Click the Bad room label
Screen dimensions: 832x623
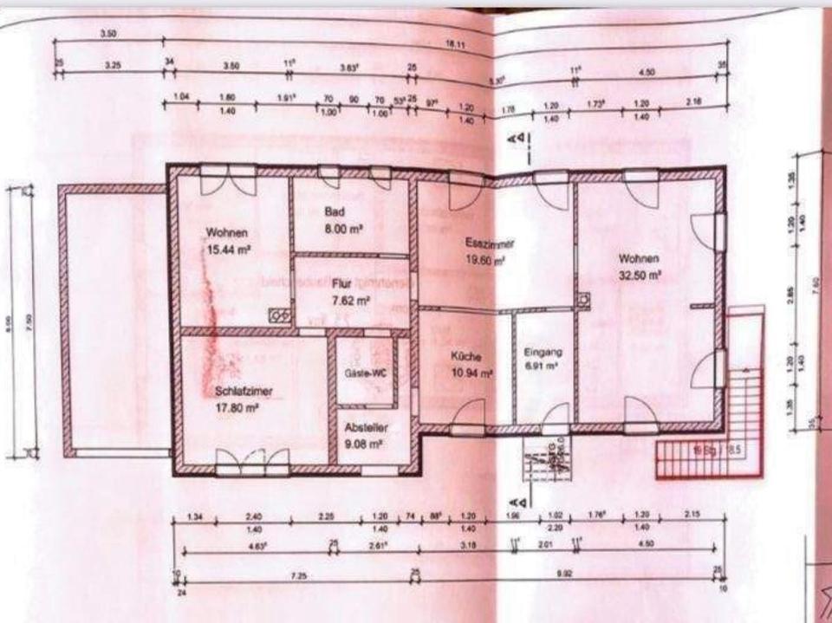tap(335, 212)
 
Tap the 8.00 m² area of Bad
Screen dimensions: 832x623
tap(342, 230)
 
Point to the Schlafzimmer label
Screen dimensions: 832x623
tap(244, 391)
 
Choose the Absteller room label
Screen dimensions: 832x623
tap(365, 428)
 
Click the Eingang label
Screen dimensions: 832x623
tap(544, 352)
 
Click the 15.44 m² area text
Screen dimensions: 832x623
tap(229, 250)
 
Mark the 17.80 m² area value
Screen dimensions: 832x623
tap(237, 406)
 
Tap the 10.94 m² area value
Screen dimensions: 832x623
tap(471, 373)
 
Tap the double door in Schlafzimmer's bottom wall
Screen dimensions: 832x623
tap(253, 461)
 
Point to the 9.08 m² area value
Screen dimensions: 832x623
tap(365, 445)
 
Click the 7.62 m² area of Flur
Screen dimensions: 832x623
tap(352, 301)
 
